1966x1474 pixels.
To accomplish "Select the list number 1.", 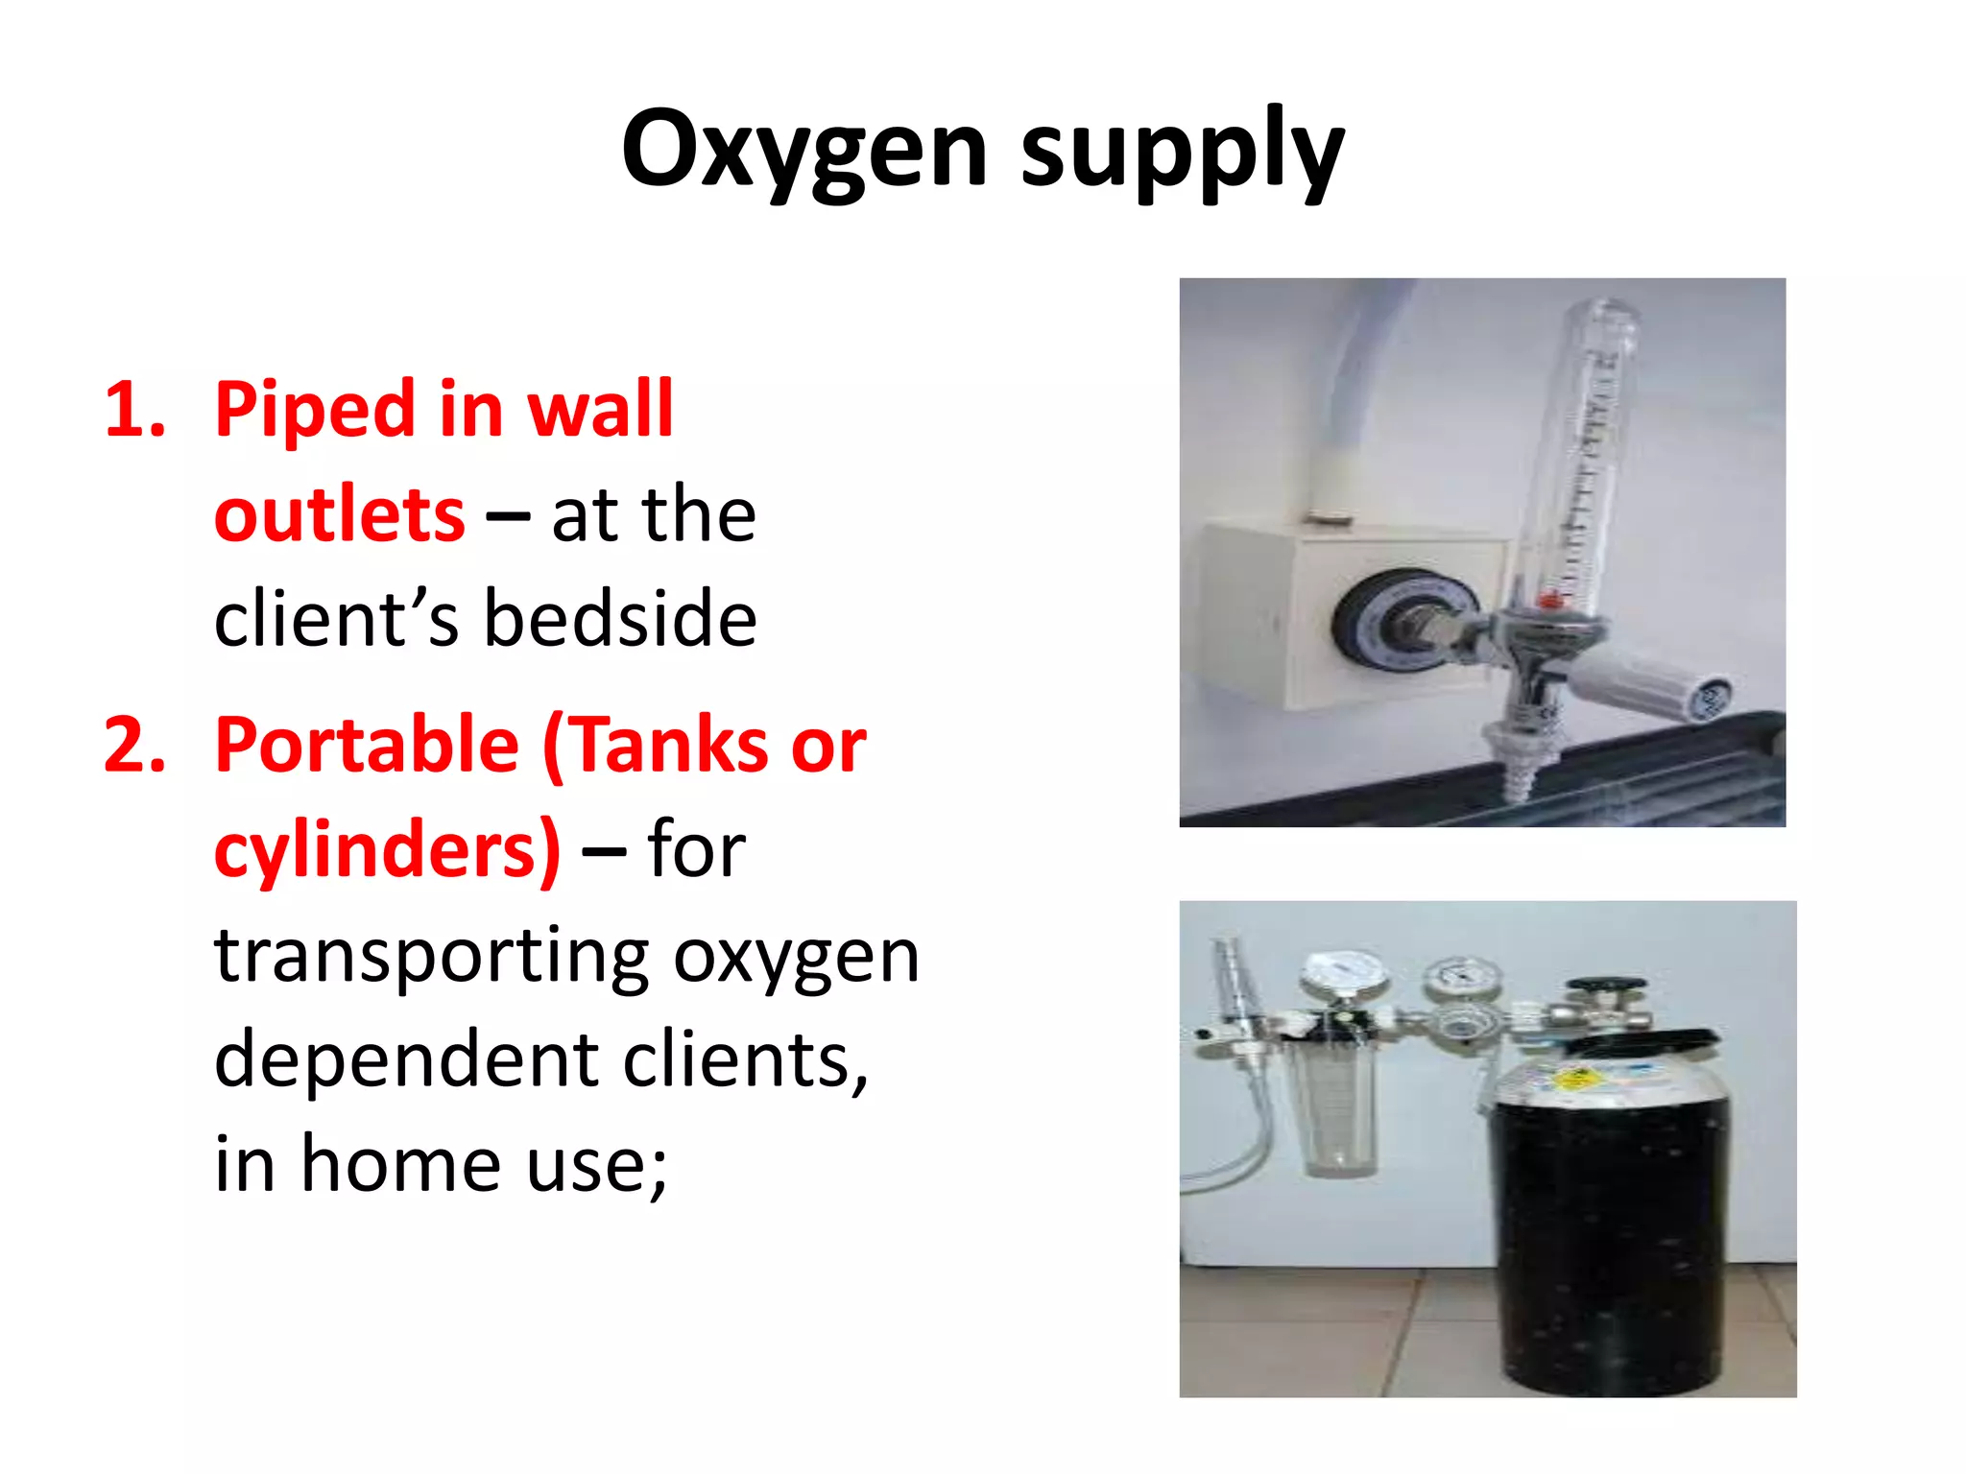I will tap(134, 411).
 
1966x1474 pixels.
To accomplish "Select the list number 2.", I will tap(134, 746).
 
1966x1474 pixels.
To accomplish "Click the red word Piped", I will tap(314, 411).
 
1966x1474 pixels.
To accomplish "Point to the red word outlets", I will tap(339, 515).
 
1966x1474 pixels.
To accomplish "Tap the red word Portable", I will tap(367, 746).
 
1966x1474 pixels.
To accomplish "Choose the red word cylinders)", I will tap(387, 850).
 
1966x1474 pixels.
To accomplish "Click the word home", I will tap(401, 1164).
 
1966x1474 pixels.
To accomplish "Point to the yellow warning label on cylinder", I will tap(1574, 1080).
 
